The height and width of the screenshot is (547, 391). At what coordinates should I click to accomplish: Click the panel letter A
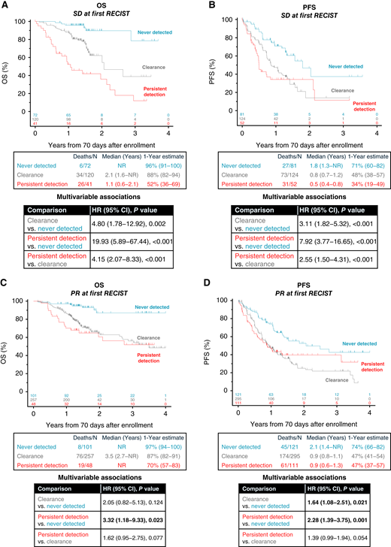[x=6, y=6]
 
